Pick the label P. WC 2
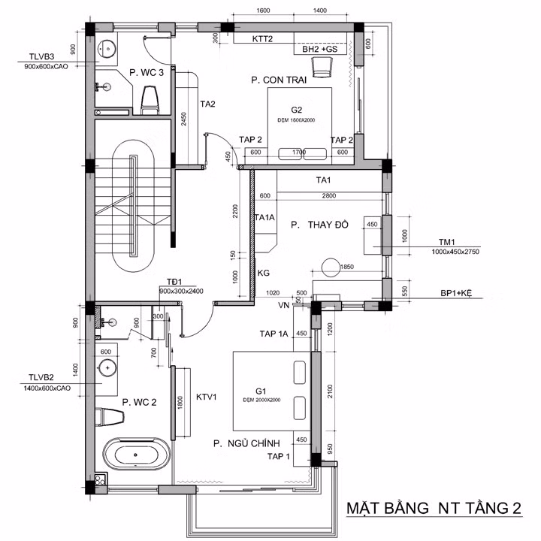(x=139, y=402)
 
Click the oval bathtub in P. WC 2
(x=137, y=455)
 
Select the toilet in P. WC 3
(x=150, y=99)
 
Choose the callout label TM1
(x=449, y=242)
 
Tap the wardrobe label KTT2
(x=262, y=38)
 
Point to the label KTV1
(x=207, y=396)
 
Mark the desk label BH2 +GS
(x=321, y=49)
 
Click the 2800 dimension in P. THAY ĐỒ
(x=328, y=195)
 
